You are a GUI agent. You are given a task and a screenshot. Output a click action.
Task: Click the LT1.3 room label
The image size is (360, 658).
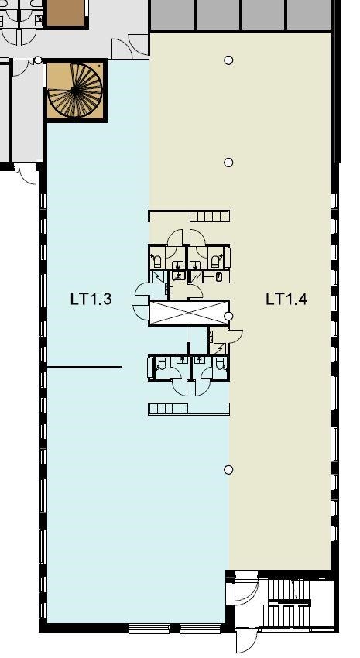pyautogui.click(x=91, y=300)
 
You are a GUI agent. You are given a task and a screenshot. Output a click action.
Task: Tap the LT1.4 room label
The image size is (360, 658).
pyautogui.click(x=286, y=300)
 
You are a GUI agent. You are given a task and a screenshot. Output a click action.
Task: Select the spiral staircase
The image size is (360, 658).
pyautogui.click(x=76, y=91)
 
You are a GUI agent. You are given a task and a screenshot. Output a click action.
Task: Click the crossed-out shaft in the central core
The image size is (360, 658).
pyautogui.click(x=189, y=313)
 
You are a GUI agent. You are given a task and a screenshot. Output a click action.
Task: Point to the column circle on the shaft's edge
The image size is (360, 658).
pyautogui.click(x=228, y=316)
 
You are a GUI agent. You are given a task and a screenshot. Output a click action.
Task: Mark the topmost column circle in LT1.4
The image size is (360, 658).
pyautogui.click(x=228, y=60)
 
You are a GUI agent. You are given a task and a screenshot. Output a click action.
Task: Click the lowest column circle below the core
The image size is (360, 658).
pyautogui.click(x=228, y=470)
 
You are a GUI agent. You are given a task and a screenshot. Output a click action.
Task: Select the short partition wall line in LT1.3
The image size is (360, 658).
pyautogui.click(x=84, y=367)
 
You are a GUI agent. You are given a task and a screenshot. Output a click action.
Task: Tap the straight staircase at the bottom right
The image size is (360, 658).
pyautogui.click(x=289, y=605)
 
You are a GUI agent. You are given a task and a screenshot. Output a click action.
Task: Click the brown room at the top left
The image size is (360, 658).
pyautogui.click(x=66, y=13)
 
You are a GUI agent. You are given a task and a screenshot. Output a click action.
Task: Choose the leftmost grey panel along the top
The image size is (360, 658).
pyautogui.click(x=173, y=15)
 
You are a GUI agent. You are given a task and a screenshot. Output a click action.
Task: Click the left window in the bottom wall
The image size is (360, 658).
pyautogui.click(x=149, y=629)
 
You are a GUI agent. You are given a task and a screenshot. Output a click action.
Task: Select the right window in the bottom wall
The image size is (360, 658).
pyautogui.click(x=201, y=629)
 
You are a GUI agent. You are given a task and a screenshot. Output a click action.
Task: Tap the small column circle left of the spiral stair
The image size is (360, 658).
pyautogui.click(x=38, y=60)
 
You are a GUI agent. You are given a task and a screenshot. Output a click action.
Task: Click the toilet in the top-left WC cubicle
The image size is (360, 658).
pyautogui.click(x=157, y=261)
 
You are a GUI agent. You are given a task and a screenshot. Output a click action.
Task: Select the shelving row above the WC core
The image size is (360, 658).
pyautogui.click(x=189, y=216)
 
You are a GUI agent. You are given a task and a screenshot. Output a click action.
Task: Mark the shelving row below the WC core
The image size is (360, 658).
pyautogui.click(x=189, y=409)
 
